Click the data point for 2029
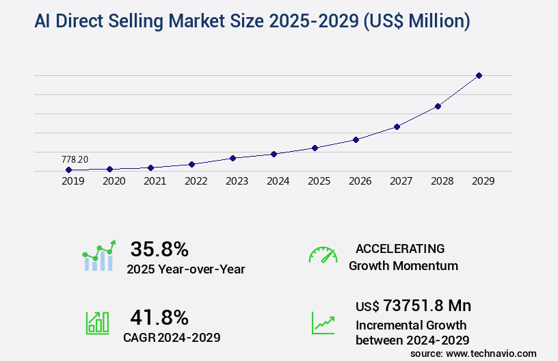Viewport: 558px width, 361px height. coord(479,75)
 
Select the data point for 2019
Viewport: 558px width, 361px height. coord(68,170)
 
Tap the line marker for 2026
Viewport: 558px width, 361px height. coord(356,139)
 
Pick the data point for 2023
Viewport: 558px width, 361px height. coord(232,158)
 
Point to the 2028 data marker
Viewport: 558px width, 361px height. coord(438,106)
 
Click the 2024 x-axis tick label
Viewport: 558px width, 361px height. coord(278,182)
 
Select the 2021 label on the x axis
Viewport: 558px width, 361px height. coord(155,182)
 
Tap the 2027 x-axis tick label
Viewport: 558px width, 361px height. coord(401,182)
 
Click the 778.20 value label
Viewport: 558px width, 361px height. coord(75,159)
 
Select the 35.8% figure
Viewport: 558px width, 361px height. coord(159,249)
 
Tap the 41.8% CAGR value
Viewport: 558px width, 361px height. coord(159,317)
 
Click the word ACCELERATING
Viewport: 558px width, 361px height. coord(400,248)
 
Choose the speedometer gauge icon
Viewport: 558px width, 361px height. coord(323,254)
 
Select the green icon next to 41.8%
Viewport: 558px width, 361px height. coord(98,323)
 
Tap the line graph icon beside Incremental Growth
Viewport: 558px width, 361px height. coord(323,323)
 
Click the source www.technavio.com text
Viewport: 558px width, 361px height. coord(473,353)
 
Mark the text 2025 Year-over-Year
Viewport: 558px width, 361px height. coord(185,269)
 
